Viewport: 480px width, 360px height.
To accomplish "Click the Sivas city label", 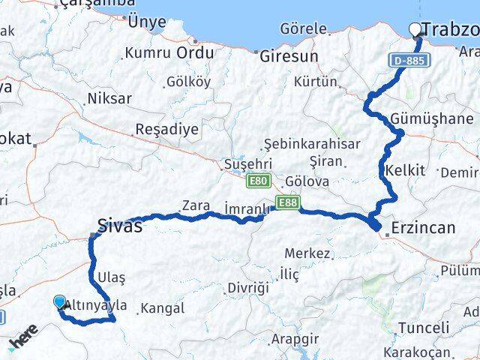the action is tap(120, 224).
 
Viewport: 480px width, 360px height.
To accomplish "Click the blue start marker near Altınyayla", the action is tap(60, 302).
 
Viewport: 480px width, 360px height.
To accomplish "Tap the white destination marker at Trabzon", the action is tap(415, 30).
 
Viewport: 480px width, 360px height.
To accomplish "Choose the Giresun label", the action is tap(289, 55).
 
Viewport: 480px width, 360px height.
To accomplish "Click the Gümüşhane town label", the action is tap(432, 118).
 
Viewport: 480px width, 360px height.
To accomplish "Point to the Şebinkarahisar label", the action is tap(312, 144).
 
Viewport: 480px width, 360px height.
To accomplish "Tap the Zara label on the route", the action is tap(195, 204).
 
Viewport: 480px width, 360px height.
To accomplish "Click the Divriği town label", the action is tap(247, 287).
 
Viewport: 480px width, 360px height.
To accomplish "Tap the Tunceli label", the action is tap(424, 328).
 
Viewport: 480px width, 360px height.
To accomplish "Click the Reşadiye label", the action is tap(166, 129).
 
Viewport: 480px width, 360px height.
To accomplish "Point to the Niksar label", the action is tap(109, 98).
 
